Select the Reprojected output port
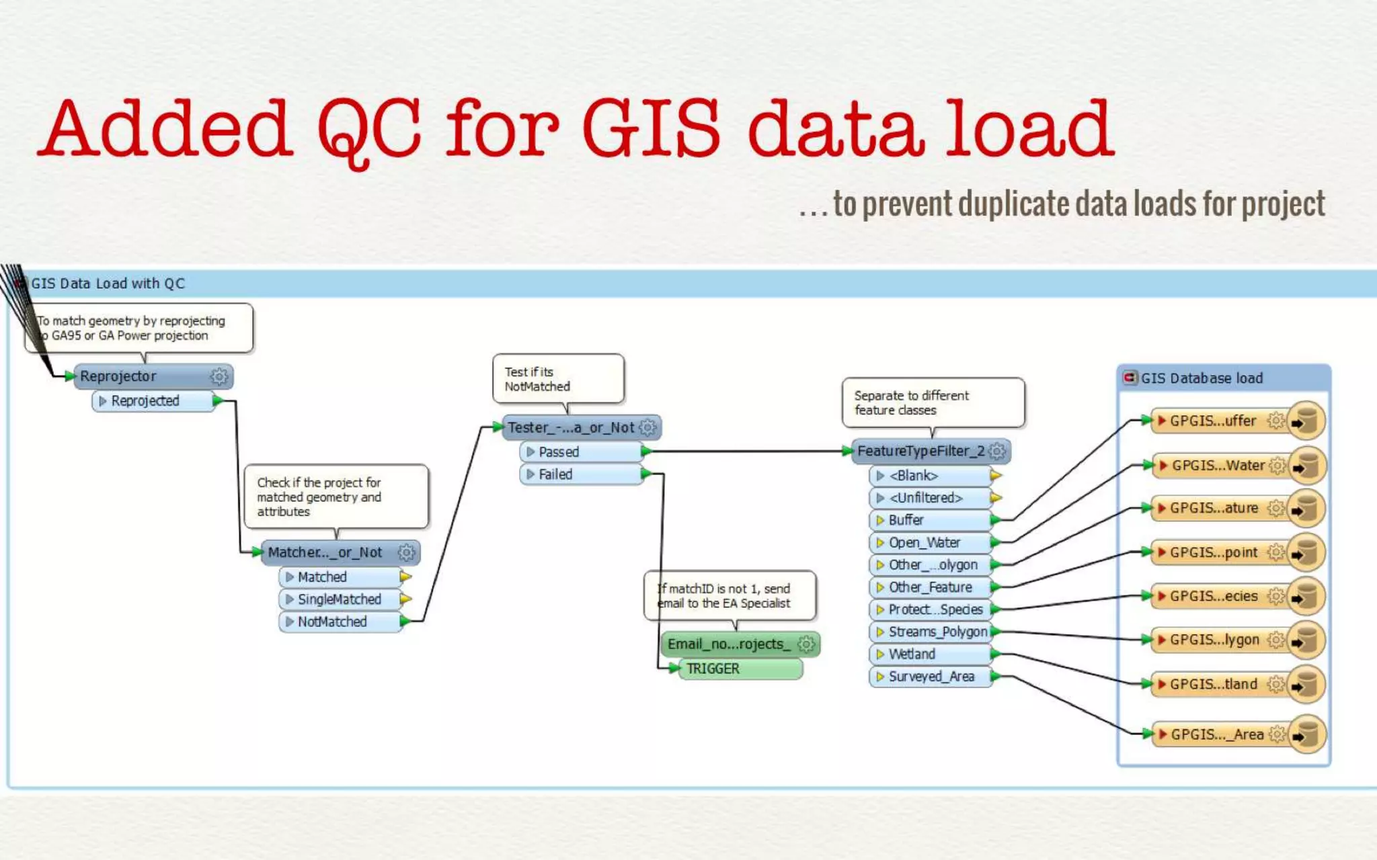152,401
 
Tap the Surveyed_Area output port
931,677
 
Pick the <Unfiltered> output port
931,498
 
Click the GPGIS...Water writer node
1218,466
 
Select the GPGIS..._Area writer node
1218,734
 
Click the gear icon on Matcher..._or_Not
406,552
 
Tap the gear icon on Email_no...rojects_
806,644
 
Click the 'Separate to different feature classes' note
933,402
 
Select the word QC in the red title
369,130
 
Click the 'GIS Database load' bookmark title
1202,378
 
